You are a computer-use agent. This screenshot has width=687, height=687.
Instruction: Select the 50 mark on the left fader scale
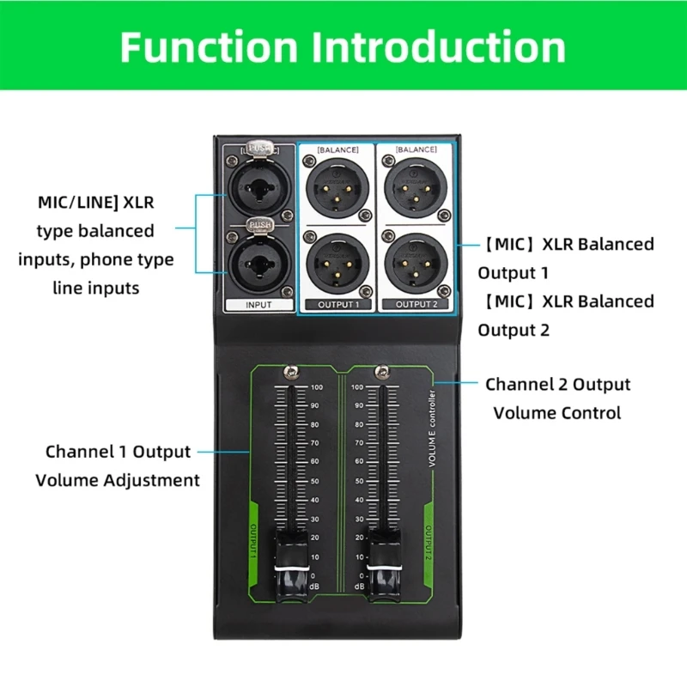314,481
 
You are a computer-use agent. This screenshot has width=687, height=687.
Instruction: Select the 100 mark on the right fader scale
357,387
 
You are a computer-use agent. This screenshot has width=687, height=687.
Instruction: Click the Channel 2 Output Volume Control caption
557,398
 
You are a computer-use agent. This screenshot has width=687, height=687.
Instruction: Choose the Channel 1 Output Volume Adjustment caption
118,465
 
